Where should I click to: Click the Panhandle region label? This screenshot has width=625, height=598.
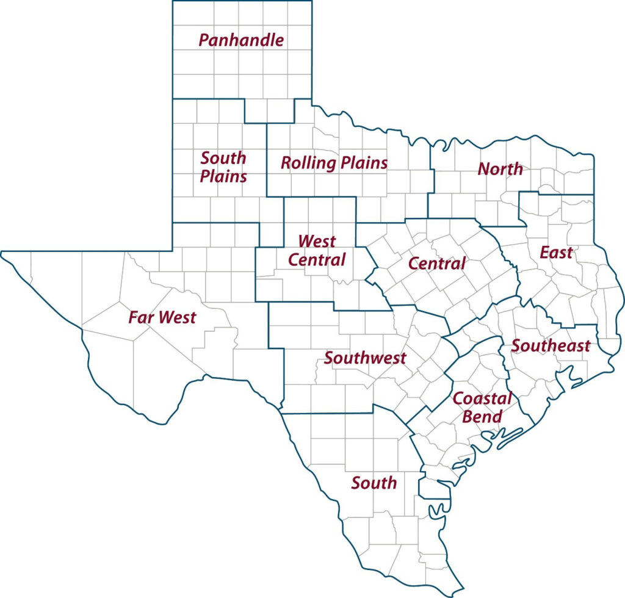tap(241, 41)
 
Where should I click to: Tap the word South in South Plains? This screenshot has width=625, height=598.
tap(223, 158)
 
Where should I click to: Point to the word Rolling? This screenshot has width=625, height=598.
tap(308, 164)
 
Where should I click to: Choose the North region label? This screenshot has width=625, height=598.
tap(500, 169)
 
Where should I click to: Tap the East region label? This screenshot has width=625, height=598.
tap(556, 252)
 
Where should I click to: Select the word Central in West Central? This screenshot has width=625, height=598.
tap(316, 259)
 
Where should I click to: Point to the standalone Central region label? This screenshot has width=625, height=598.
tap(436, 264)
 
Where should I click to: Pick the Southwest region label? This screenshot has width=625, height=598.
tap(364, 358)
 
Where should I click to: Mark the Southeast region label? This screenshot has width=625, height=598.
tap(551, 346)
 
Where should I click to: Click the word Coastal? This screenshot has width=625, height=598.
tap(482, 399)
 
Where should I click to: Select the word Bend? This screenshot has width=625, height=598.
tap(482, 417)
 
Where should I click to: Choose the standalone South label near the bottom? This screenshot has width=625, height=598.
tap(374, 483)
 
